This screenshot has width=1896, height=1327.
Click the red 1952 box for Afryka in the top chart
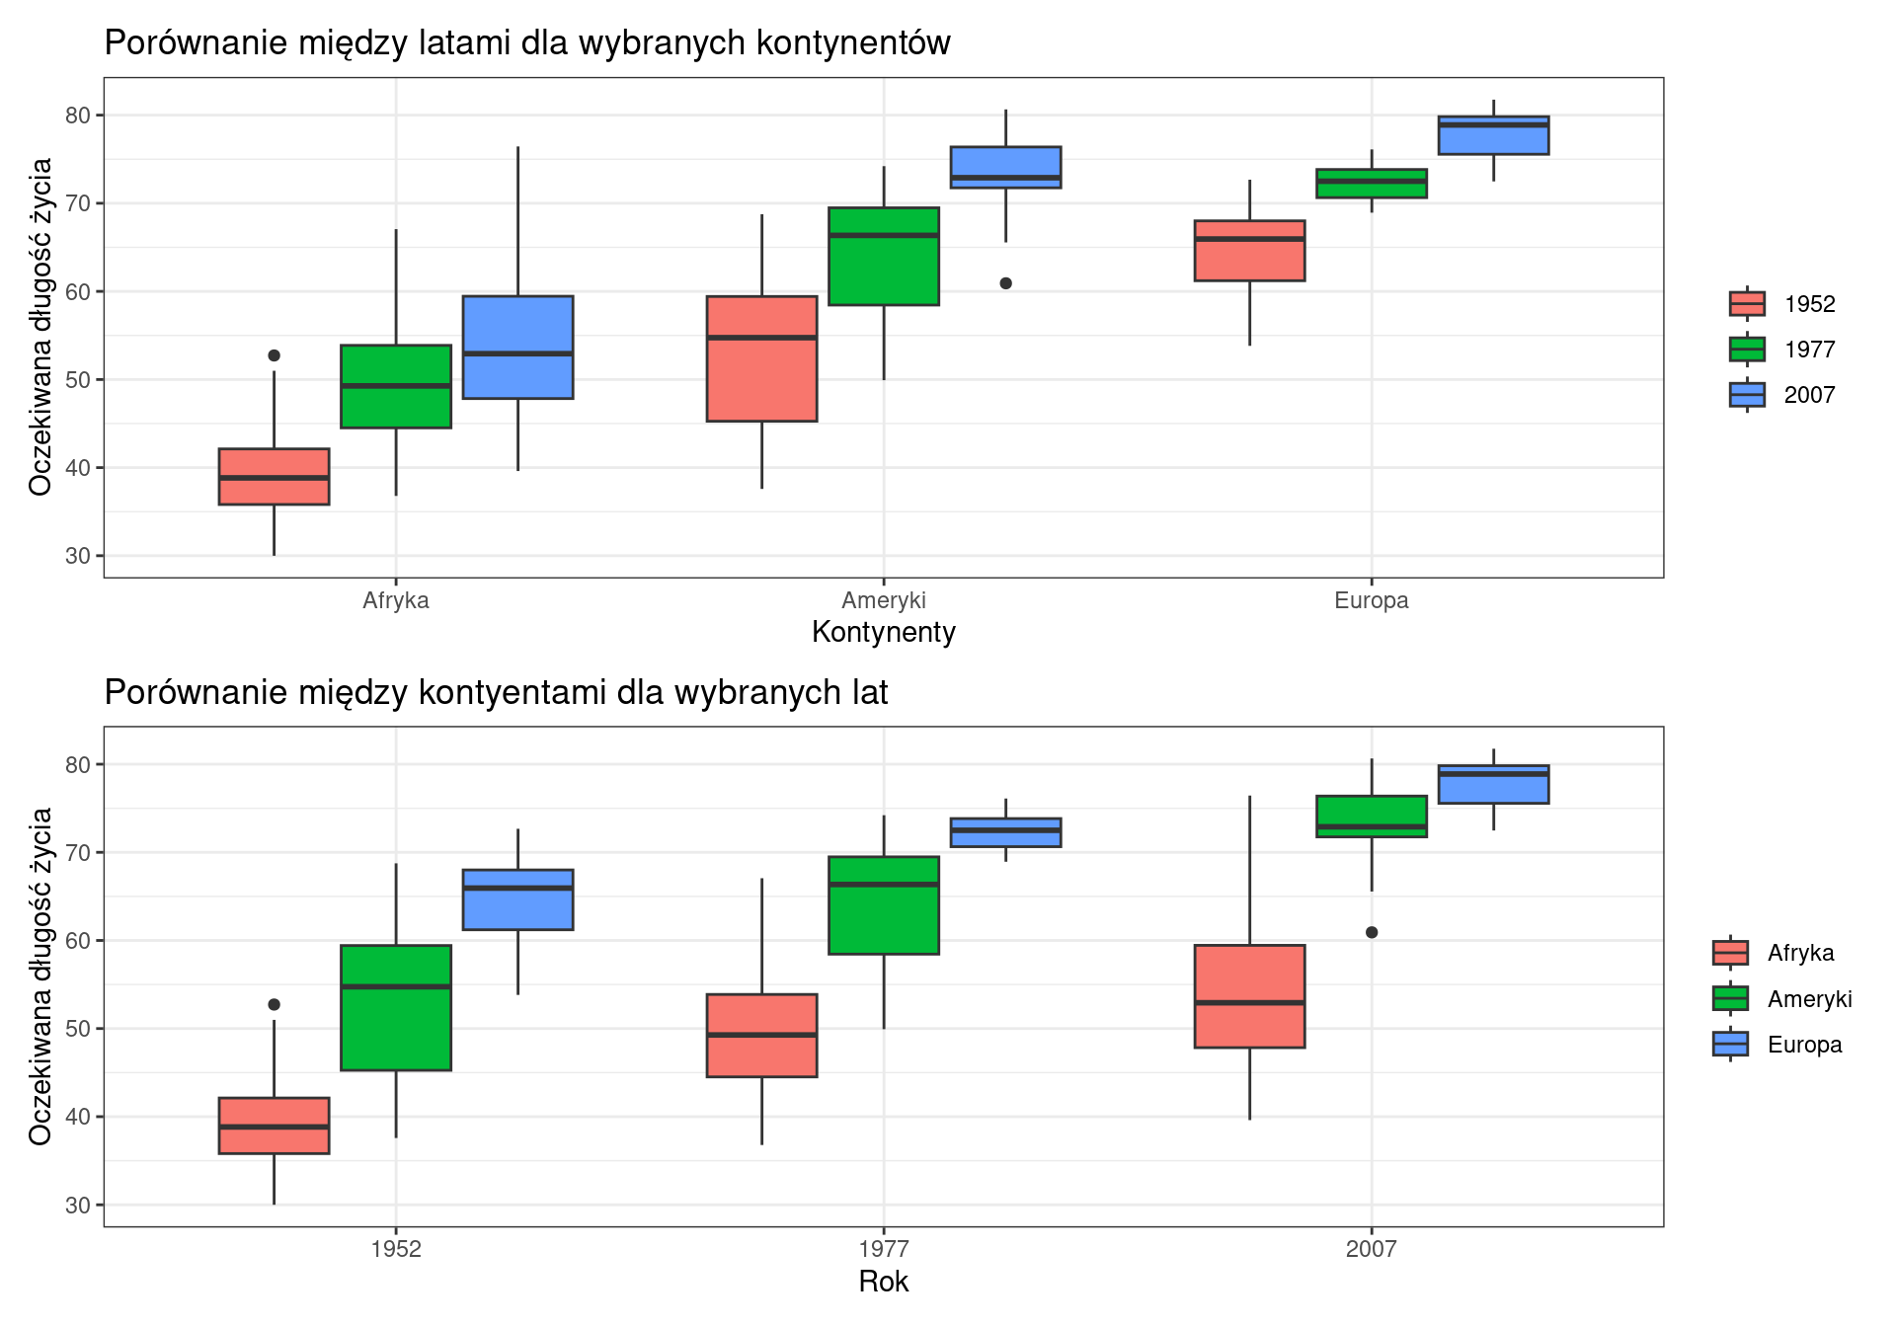pos(274,477)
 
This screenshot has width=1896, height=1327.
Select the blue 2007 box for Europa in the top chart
pos(1493,135)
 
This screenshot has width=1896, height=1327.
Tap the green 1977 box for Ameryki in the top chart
pos(884,256)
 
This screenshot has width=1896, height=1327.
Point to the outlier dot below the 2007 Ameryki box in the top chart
pos(1005,283)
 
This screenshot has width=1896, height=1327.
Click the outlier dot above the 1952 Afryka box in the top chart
pos(274,355)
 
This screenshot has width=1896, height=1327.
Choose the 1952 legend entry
pos(1782,304)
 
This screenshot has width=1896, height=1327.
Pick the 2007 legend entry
pos(1782,395)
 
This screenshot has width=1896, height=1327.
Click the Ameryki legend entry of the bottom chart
pos(1782,999)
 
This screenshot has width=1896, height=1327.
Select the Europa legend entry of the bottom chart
pos(1777,1045)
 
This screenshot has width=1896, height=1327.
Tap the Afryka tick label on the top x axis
pos(396,600)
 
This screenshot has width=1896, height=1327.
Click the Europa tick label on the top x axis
pos(1371,600)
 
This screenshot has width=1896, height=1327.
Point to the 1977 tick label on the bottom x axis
pos(884,1249)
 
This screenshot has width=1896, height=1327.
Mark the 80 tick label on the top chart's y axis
pos(78,116)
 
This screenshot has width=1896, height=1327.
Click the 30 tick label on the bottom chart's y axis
pos(78,1205)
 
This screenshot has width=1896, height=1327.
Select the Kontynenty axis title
pos(884,633)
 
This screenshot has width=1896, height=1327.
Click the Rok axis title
pos(884,1282)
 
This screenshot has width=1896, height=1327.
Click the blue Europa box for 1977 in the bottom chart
pos(1005,832)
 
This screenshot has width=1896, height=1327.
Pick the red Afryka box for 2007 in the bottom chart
pos(1249,996)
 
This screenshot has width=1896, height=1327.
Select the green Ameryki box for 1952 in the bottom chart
pos(396,1008)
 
